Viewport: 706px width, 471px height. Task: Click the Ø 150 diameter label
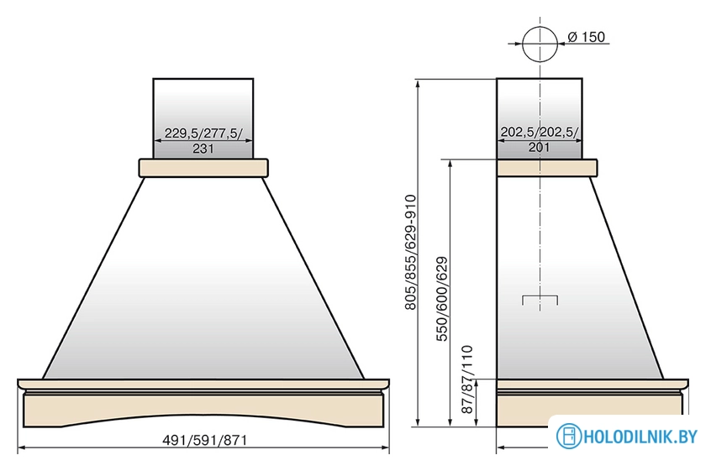[x=587, y=37]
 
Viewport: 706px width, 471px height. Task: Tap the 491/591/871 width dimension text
[x=204, y=439]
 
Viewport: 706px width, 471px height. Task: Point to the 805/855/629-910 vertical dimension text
[x=411, y=252]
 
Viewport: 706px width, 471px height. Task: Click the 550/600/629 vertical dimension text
[x=442, y=299]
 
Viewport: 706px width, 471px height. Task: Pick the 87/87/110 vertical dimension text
[x=468, y=379]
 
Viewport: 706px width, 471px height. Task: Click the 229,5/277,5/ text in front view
[x=203, y=133]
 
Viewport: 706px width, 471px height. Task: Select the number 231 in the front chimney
[x=203, y=148]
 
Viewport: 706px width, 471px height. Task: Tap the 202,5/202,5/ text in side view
[x=540, y=132]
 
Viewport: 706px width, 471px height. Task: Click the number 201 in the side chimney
[x=539, y=147]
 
